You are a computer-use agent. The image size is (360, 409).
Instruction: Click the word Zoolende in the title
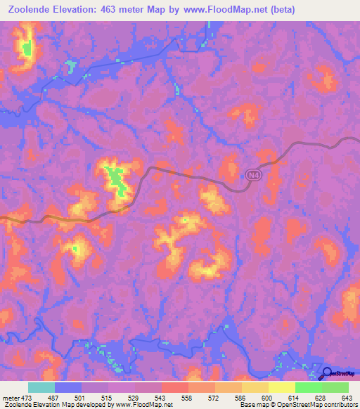[x=30, y=10]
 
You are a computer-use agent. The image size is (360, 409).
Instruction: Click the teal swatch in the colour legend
[x=41, y=387]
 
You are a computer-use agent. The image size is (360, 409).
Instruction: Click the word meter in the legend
[x=11, y=398]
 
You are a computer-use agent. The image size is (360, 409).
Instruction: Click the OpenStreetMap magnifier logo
[x=326, y=372]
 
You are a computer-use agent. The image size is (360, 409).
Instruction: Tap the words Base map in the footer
[x=250, y=405]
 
